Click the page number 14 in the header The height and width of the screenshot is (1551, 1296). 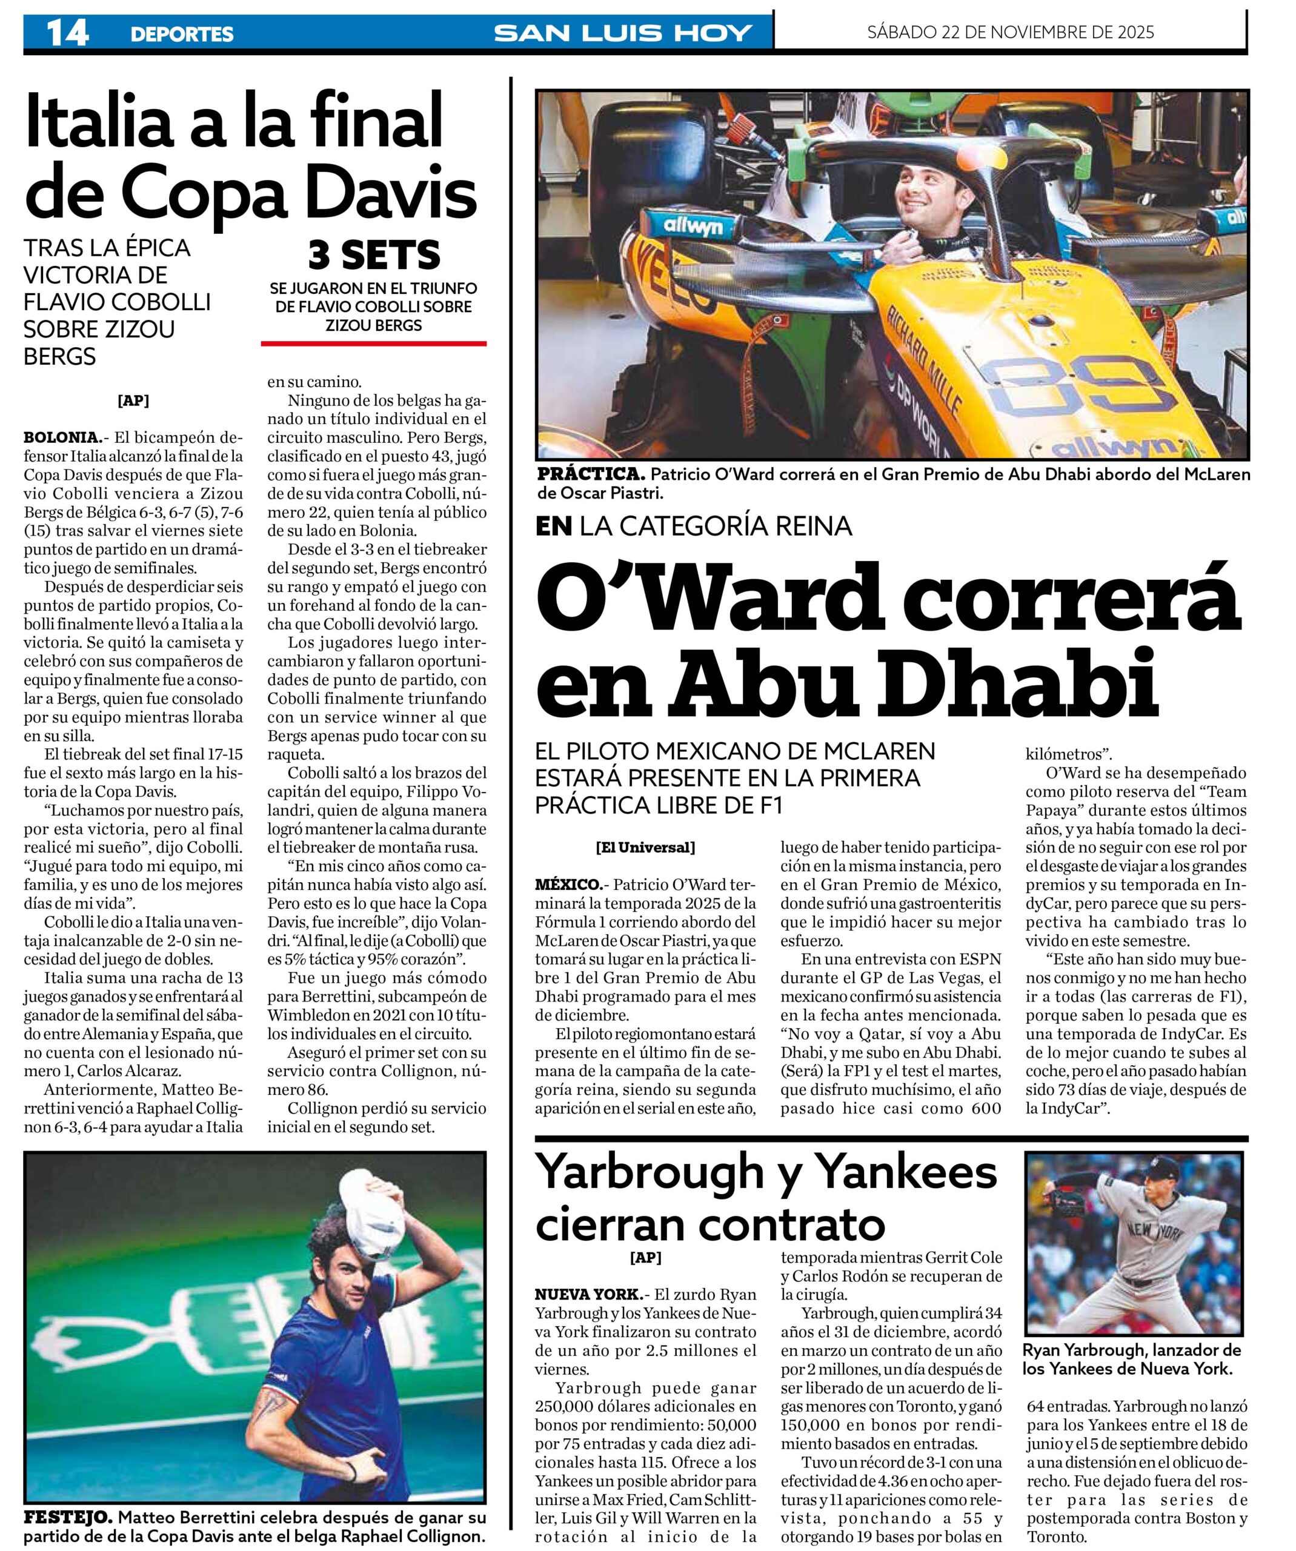[67, 33]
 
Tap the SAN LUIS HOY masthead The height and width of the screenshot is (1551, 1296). [622, 33]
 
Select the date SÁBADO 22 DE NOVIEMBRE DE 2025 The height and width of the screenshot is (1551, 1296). [1010, 33]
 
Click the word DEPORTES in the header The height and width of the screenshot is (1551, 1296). [182, 34]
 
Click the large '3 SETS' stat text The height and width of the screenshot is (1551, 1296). [374, 256]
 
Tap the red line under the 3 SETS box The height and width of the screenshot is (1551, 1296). [374, 344]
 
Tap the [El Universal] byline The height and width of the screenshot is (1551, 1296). [645, 848]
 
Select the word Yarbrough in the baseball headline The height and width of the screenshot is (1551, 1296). [650, 1172]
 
